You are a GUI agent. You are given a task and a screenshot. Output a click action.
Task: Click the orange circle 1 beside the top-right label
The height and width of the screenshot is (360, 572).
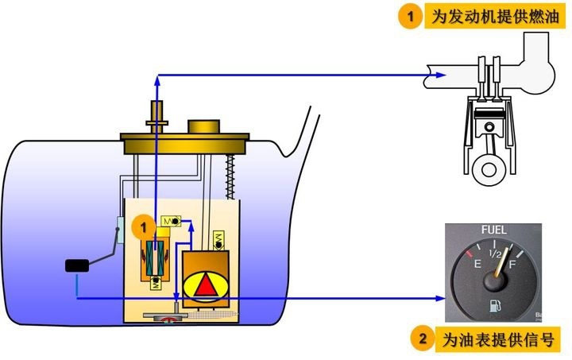(x=411, y=16)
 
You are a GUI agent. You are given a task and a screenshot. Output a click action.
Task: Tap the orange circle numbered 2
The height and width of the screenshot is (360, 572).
(x=423, y=339)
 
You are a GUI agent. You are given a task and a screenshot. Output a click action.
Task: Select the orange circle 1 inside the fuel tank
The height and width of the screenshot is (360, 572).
(x=143, y=227)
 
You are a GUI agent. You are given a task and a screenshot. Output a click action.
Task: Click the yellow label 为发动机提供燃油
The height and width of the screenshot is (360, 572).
(x=495, y=17)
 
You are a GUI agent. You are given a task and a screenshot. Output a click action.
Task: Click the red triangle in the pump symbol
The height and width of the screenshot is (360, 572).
(x=206, y=285)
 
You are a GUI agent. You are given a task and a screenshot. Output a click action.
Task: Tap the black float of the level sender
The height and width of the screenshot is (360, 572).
(x=77, y=265)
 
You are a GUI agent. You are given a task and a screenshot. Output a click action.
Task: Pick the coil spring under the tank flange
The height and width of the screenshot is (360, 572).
(x=230, y=176)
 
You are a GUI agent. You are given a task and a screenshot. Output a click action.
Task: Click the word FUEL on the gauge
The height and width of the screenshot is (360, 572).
(x=493, y=230)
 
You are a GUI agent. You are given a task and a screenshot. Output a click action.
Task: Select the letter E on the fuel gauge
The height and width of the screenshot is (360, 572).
(x=477, y=263)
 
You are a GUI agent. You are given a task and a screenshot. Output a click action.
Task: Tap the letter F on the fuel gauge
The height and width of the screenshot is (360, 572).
(x=512, y=264)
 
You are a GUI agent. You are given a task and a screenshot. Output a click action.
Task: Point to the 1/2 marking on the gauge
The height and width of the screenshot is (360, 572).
(x=495, y=254)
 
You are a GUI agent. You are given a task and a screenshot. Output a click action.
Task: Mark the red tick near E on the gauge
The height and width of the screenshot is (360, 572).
(x=469, y=253)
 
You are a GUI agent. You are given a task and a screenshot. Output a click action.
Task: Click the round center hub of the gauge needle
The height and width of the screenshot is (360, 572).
(x=495, y=282)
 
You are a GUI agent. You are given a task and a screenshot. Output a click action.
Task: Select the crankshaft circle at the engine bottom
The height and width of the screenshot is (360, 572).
(x=489, y=169)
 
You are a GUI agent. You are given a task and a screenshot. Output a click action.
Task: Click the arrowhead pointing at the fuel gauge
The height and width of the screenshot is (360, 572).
(x=440, y=298)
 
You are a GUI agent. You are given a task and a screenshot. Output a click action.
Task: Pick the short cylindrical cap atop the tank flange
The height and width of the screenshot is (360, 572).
(x=203, y=126)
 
